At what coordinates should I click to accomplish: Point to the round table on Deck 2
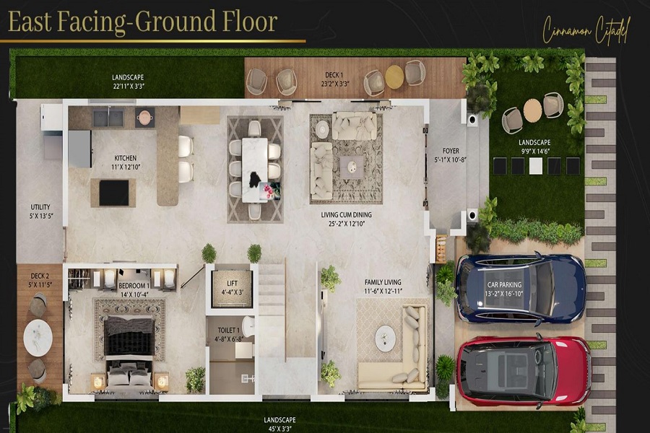[x=38, y=337]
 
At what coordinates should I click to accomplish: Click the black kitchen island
[x=113, y=193]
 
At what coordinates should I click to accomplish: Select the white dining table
[x=254, y=169]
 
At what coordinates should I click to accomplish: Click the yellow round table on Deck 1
[x=394, y=76]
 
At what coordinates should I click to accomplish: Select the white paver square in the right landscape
[x=536, y=166]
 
